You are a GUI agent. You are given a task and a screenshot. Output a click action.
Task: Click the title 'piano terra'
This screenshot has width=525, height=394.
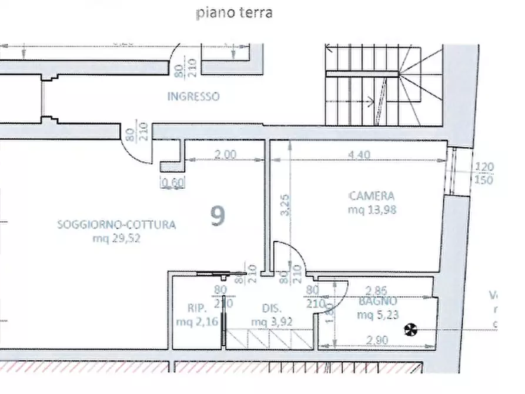[234, 13]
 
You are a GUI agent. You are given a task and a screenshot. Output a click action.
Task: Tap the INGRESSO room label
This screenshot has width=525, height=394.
[193, 96]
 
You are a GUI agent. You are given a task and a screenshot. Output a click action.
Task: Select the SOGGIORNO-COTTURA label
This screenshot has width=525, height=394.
[116, 224]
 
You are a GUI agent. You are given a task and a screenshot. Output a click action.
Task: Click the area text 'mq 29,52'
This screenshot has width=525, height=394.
[116, 238]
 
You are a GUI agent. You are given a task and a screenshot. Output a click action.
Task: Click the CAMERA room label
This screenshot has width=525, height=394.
[372, 196]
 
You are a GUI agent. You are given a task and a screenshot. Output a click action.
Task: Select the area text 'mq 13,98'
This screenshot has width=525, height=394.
[372, 209]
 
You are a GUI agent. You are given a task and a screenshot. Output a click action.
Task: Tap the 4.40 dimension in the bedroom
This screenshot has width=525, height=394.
[359, 155]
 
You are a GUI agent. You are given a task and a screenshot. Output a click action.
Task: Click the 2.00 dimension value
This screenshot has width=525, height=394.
[225, 155]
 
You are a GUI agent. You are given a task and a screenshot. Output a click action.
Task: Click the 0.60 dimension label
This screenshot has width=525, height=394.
[173, 183]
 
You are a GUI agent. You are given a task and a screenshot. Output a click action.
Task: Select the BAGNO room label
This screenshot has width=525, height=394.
[377, 301]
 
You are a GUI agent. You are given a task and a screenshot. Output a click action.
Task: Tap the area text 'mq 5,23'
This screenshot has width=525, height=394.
[377, 315]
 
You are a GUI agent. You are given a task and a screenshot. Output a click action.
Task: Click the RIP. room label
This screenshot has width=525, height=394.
[196, 308]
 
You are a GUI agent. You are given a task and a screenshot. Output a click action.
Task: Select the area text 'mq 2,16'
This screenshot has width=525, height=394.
[196, 322]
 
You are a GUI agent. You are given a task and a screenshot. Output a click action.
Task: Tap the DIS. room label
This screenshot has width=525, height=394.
[272, 308]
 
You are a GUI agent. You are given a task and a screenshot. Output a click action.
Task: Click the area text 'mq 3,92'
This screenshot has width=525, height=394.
[271, 322]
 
